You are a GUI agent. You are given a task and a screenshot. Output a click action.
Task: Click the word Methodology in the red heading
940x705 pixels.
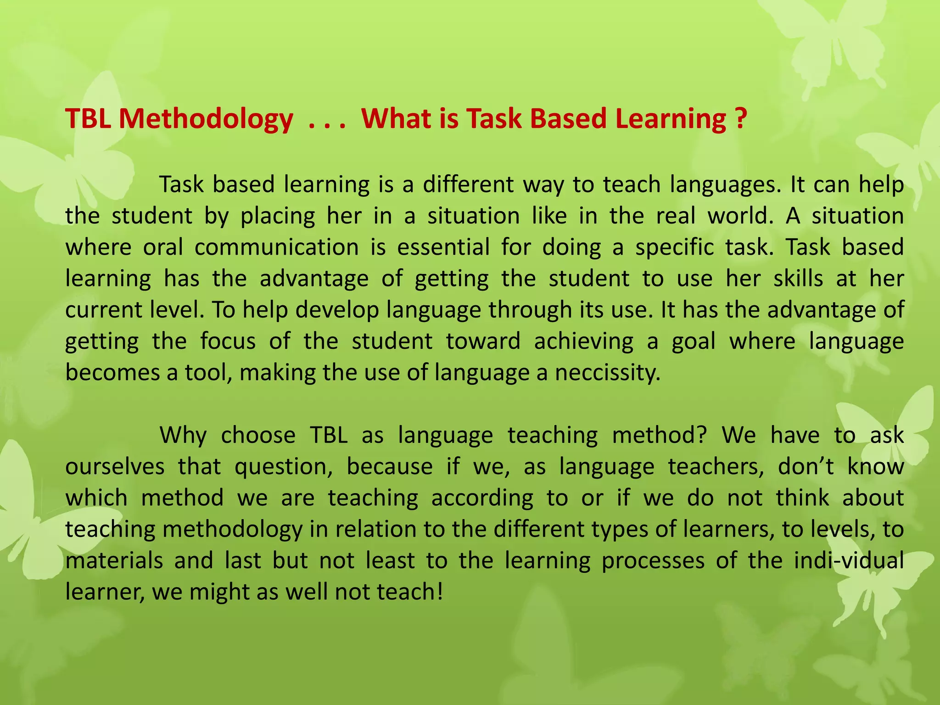(x=206, y=119)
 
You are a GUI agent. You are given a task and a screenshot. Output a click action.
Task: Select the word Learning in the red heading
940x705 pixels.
(x=671, y=119)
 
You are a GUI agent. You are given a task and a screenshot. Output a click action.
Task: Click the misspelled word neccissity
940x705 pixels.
(x=607, y=373)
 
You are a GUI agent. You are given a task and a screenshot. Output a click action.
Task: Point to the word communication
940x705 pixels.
(x=276, y=247)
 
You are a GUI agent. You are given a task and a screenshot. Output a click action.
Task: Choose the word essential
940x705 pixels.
(x=443, y=247)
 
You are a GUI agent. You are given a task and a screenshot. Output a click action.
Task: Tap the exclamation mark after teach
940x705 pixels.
(x=441, y=592)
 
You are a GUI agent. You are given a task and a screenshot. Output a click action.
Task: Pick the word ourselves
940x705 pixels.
(x=115, y=467)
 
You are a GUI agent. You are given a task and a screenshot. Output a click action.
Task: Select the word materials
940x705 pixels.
(x=114, y=561)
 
